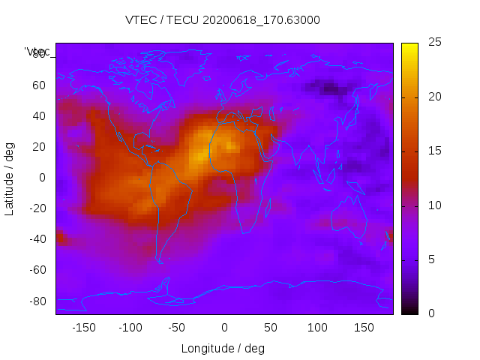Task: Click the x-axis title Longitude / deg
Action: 223,349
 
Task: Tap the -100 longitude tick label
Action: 130,328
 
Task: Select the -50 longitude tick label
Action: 177,328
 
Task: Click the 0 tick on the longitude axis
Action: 224,328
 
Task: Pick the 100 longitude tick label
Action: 317,328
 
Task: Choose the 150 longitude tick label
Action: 364,328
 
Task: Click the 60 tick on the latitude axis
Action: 39,85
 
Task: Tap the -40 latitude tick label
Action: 37,239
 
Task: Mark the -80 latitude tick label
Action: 37,301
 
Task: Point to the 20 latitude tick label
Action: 39,146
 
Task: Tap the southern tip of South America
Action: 160,260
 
